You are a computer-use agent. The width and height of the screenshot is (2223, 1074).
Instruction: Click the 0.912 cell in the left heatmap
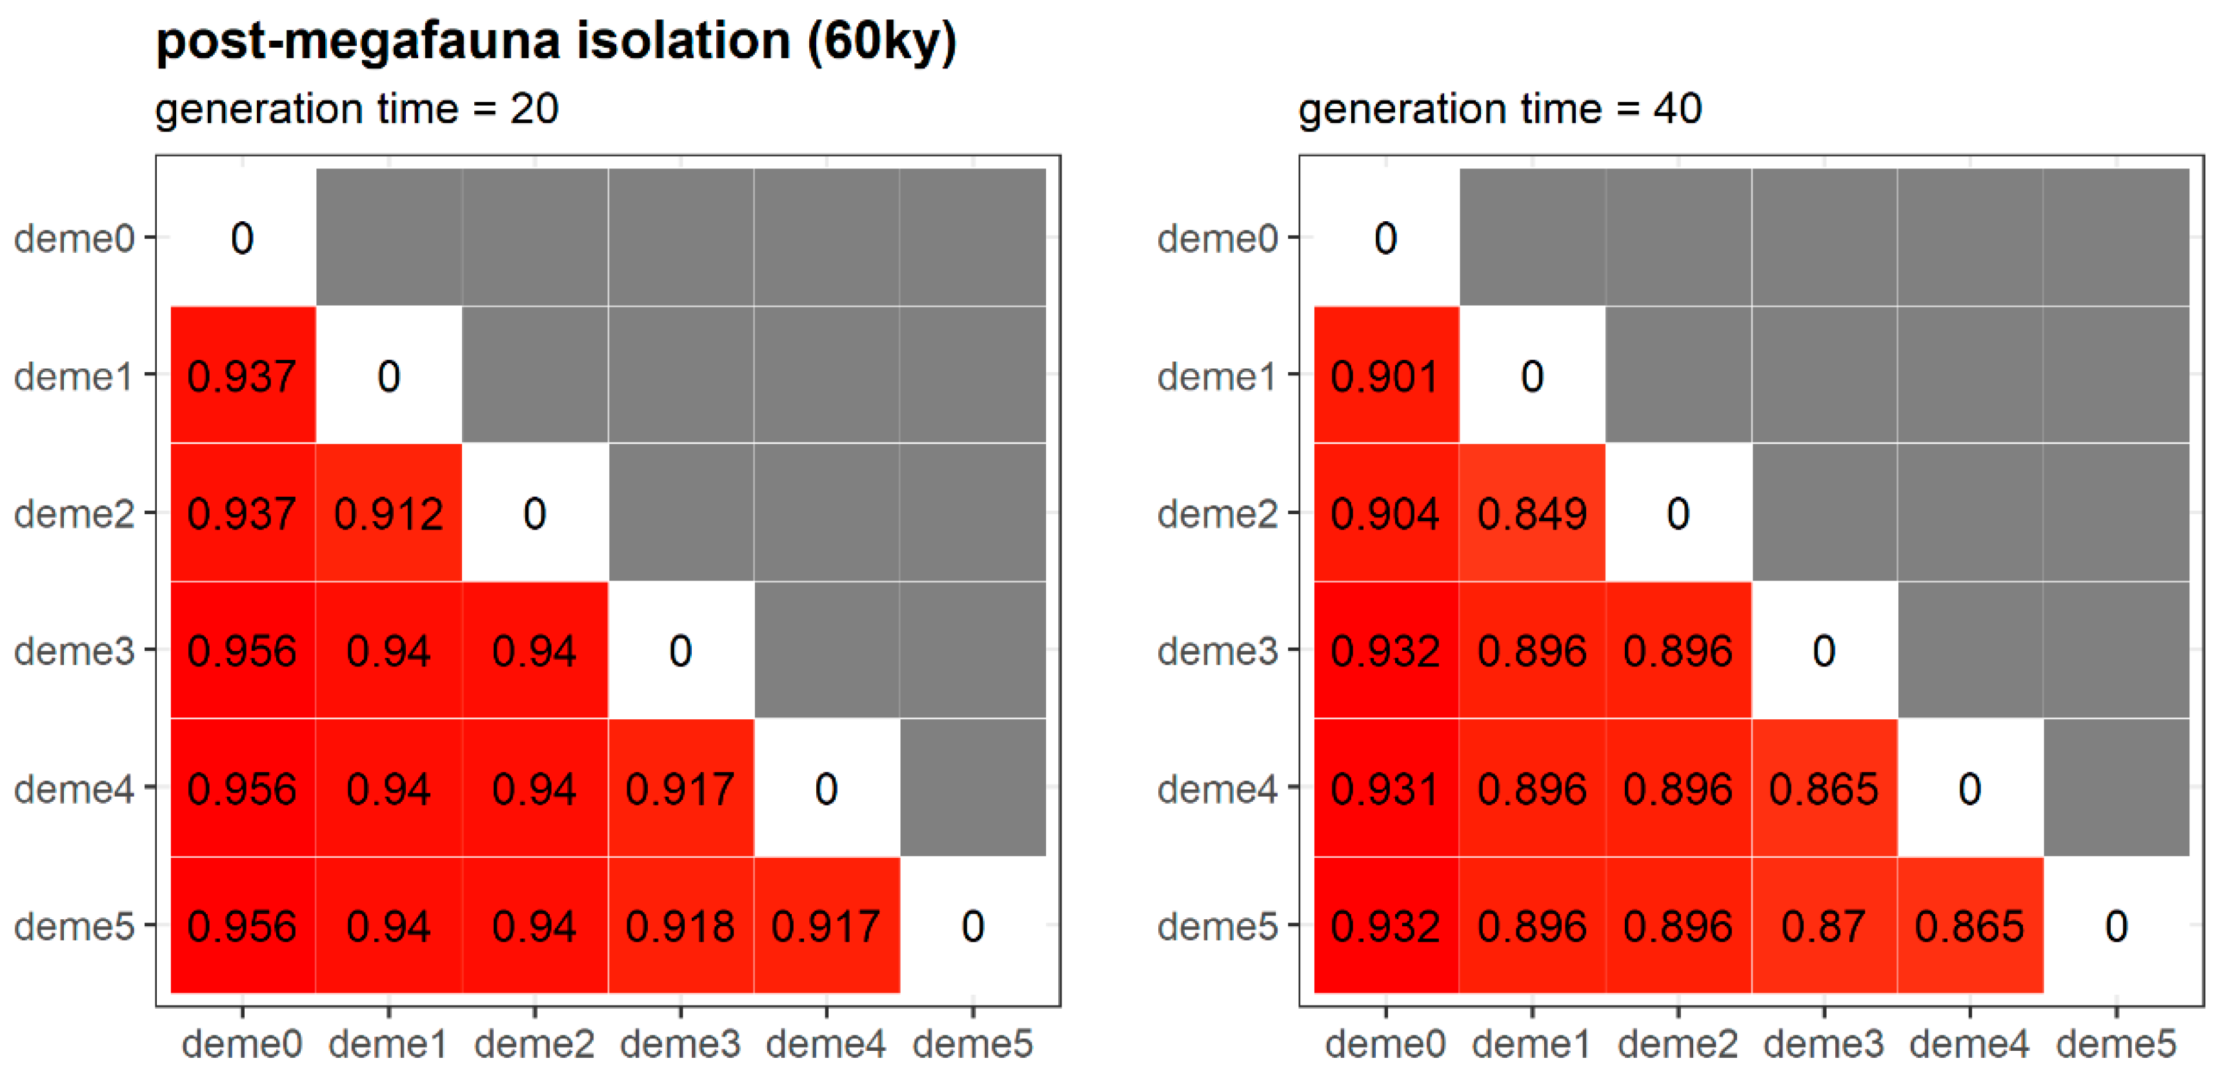pos(388,513)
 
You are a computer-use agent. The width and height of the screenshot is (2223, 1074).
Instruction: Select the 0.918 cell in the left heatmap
pos(680,926)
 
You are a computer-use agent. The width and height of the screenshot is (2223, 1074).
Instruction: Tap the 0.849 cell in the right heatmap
pos(1532,513)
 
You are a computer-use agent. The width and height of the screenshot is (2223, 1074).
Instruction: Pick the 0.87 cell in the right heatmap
pos(1824,926)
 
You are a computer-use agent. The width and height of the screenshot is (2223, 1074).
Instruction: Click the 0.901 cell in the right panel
pos(1385,376)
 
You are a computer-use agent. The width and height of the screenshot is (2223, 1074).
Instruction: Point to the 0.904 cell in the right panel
pos(1385,513)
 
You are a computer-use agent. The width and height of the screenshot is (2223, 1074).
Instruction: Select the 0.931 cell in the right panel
pos(1385,788)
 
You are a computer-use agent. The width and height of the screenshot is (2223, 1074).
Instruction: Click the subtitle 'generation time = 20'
pos(356,110)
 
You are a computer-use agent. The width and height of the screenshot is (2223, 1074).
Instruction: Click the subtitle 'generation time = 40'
pos(1500,110)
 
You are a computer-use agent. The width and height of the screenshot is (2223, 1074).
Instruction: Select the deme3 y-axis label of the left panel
pos(74,650)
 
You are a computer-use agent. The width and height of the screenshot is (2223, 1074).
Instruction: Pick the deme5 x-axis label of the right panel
pos(2116,1044)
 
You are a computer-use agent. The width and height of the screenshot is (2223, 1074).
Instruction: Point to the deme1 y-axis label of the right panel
pos(1217,376)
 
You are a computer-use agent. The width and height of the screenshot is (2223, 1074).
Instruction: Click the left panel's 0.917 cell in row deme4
pos(680,788)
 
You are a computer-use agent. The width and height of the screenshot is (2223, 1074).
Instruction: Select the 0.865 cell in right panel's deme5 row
pos(1969,926)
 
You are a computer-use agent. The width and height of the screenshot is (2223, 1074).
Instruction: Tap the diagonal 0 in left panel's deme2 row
pos(534,513)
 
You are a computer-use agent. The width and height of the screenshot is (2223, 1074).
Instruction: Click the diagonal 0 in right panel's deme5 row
pos(2116,926)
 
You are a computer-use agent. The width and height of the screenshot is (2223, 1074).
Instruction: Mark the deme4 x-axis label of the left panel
pos(826,1044)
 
